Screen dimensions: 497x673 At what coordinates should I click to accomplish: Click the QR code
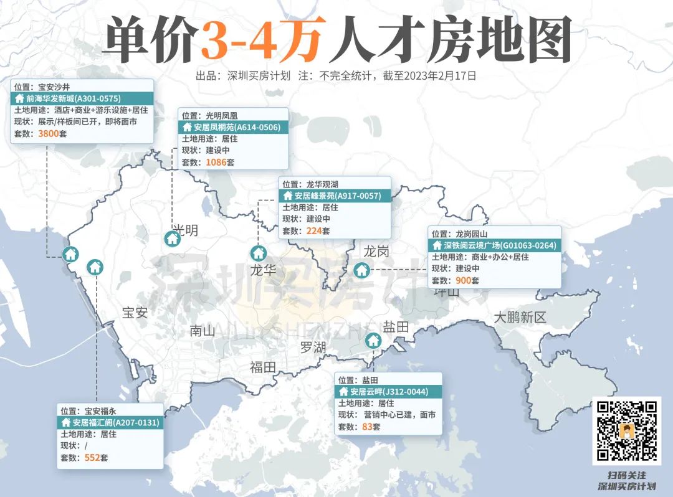[x=626, y=431]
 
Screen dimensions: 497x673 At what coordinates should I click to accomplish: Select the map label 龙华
[x=263, y=270]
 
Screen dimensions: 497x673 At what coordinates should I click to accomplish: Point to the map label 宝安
[x=135, y=313]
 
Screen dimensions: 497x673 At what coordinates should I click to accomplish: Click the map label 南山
[x=202, y=331]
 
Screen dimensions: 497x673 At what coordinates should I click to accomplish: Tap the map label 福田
[x=262, y=367]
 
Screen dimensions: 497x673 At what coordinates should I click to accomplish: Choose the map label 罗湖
[x=313, y=347]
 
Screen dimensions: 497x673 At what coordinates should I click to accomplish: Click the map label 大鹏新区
[x=520, y=317]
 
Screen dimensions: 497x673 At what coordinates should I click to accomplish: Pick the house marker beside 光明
[x=173, y=239]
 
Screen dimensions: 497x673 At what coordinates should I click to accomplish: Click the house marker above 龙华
[x=258, y=253]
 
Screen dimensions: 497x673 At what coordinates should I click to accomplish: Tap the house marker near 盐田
[x=373, y=341]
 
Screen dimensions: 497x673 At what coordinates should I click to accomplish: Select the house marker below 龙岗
[x=361, y=270]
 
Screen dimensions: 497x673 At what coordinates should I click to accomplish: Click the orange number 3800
[x=49, y=134]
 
